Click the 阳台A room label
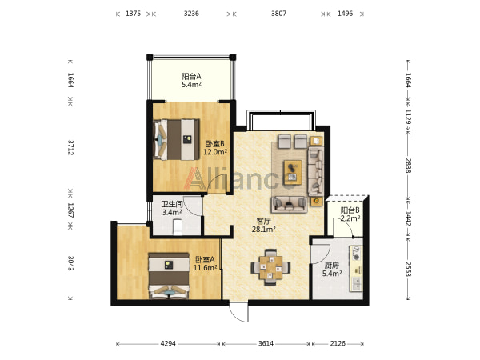click(192, 80)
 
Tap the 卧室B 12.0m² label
click(215, 147)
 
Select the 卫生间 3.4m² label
click(172, 208)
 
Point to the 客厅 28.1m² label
click(263, 225)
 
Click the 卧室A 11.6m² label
click(205, 263)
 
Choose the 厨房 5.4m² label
click(332, 270)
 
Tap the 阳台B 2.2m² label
click(350, 214)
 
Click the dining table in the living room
click(270, 267)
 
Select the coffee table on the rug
click(293, 172)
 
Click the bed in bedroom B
click(176, 139)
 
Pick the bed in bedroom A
click(169, 275)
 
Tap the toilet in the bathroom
click(178, 228)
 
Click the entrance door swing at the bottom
click(239, 313)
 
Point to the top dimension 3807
click(278, 14)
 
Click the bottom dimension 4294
click(168, 343)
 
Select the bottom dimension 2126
click(338, 343)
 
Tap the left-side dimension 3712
click(70, 148)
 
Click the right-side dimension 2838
click(408, 166)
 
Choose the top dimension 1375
click(133, 14)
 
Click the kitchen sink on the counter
click(357, 284)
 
